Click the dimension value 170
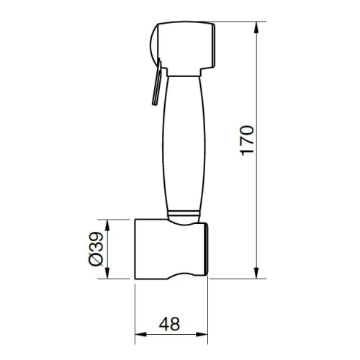(247, 140)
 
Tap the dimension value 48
(169, 324)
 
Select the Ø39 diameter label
(96, 248)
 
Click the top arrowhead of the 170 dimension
(256, 27)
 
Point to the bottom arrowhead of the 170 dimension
(256, 273)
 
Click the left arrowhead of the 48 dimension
(140, 334)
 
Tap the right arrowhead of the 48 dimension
(202, 334)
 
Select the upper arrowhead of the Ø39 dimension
(107, 225)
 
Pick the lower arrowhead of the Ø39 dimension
(107, 273)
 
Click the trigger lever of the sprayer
(157, 83)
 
